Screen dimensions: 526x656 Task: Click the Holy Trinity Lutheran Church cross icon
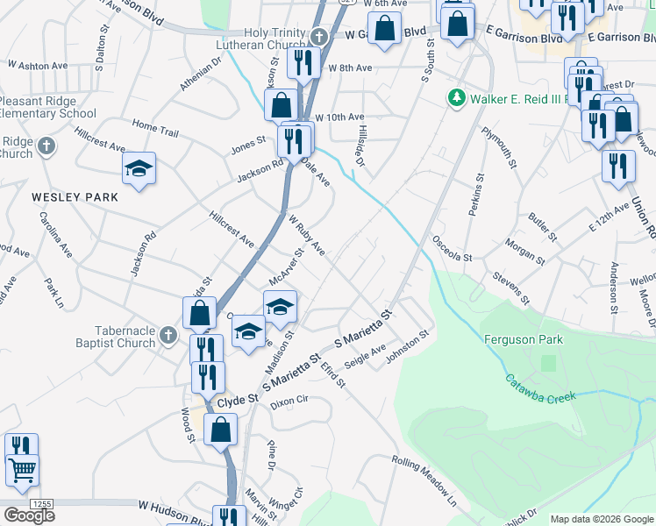point(319,37)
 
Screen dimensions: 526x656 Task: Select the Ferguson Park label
point(524,339)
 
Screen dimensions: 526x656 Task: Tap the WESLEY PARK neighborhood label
point(75,198)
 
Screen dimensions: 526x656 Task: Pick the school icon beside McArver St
point(281,306)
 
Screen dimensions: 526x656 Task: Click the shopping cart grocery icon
point(22,470)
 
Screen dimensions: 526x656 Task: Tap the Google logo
point(29,515)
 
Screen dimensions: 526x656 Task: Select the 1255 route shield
point(40,504)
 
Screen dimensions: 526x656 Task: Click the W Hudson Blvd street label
point(175,506)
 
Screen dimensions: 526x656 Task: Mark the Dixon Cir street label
point(289,402)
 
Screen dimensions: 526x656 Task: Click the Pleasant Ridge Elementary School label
point(48,108)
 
